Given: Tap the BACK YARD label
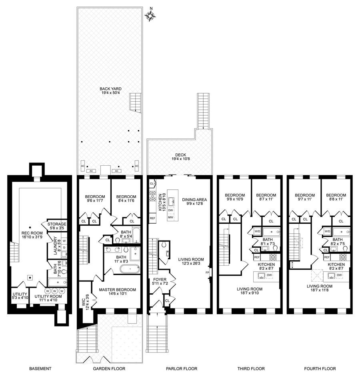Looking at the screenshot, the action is pyautogui.click(x=110, y=89).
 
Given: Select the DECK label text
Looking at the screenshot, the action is pyautogui.click(x=180, y=155).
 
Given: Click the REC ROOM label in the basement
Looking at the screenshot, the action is pyautogui.click(x=32, y=233).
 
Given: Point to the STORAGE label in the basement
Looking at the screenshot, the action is pyautogui.click(x=57, y=224).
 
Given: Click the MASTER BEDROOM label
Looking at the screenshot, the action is pyautogui.click(x=117, y=290).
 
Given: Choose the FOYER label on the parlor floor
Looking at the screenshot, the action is pyautogui.click(x=160, y=280).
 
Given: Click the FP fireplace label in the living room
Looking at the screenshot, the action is pyautogui.click(x=207, y=273).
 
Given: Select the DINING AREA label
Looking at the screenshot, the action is pyautogui.click(x=194, y=200).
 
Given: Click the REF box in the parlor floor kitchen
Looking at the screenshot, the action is pyautogui.click(x=152, y=218).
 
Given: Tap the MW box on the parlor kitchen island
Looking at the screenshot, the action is pyautogui.click(x=171, y=217).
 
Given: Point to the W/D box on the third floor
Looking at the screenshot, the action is pyautogui.click(x=257, y=231).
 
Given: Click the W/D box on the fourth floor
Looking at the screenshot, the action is pyautogui.click(x=327, y=231).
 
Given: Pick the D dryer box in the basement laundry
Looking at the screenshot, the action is pyautogui.click(x=64, y=247).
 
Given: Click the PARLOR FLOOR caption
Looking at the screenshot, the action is pyautogui.click(x=182, y=368).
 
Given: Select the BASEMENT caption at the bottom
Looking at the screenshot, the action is pyautogui.click(x=40, y=368).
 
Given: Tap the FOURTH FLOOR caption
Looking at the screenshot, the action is pyautogui.click(x=320, y=368).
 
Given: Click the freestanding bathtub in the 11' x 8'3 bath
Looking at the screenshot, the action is pyautogui.click(x=130, y=269).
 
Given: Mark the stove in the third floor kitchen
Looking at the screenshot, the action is pyautogui.click(x=273, y=257).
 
